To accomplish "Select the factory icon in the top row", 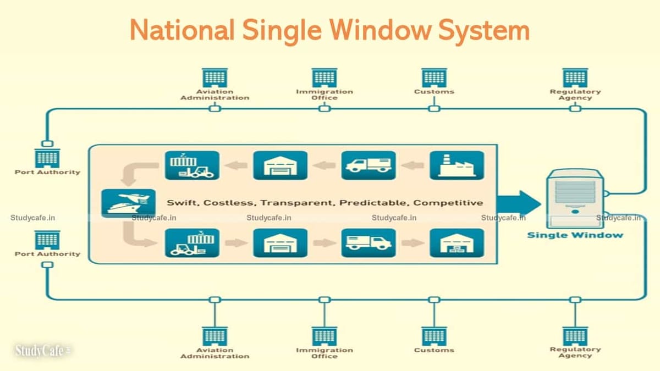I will pos(457,165).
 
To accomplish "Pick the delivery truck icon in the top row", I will pos(369,165).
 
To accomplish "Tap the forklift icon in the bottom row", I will pos(192,243).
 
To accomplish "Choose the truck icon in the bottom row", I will pos(369,243).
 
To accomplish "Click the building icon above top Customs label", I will pos(434,78).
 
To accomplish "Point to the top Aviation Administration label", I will pos(215,95).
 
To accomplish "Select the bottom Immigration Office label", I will pos(324,353).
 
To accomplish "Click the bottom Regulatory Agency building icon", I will pos(575,336).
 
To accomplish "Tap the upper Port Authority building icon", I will pos(47,158).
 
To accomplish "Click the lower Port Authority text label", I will pos(47,254).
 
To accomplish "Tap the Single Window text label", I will pos(575,235).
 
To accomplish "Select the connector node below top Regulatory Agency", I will pos(575,108).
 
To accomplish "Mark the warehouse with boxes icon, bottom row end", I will pos(457,243).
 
